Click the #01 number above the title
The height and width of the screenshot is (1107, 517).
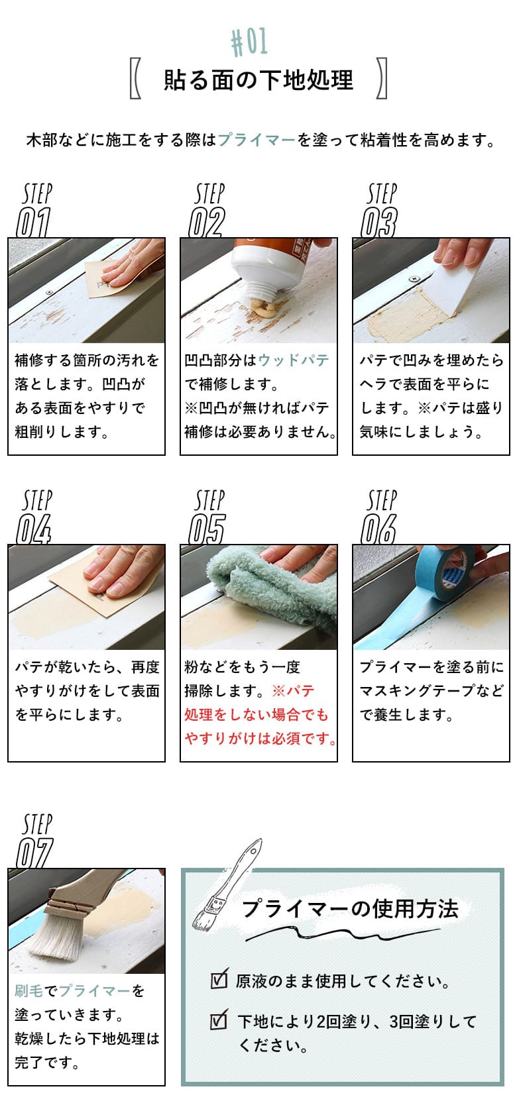(x=250, y=42)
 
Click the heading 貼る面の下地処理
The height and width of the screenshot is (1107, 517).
(x=258, y=80)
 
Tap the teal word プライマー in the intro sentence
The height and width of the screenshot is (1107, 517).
(x=257, y=140)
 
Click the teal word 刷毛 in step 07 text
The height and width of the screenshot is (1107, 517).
(x=29, y=991)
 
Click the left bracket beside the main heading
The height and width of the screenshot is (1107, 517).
(x=135, y=79)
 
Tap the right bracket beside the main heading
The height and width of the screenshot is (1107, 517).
(x=382, y=79)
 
